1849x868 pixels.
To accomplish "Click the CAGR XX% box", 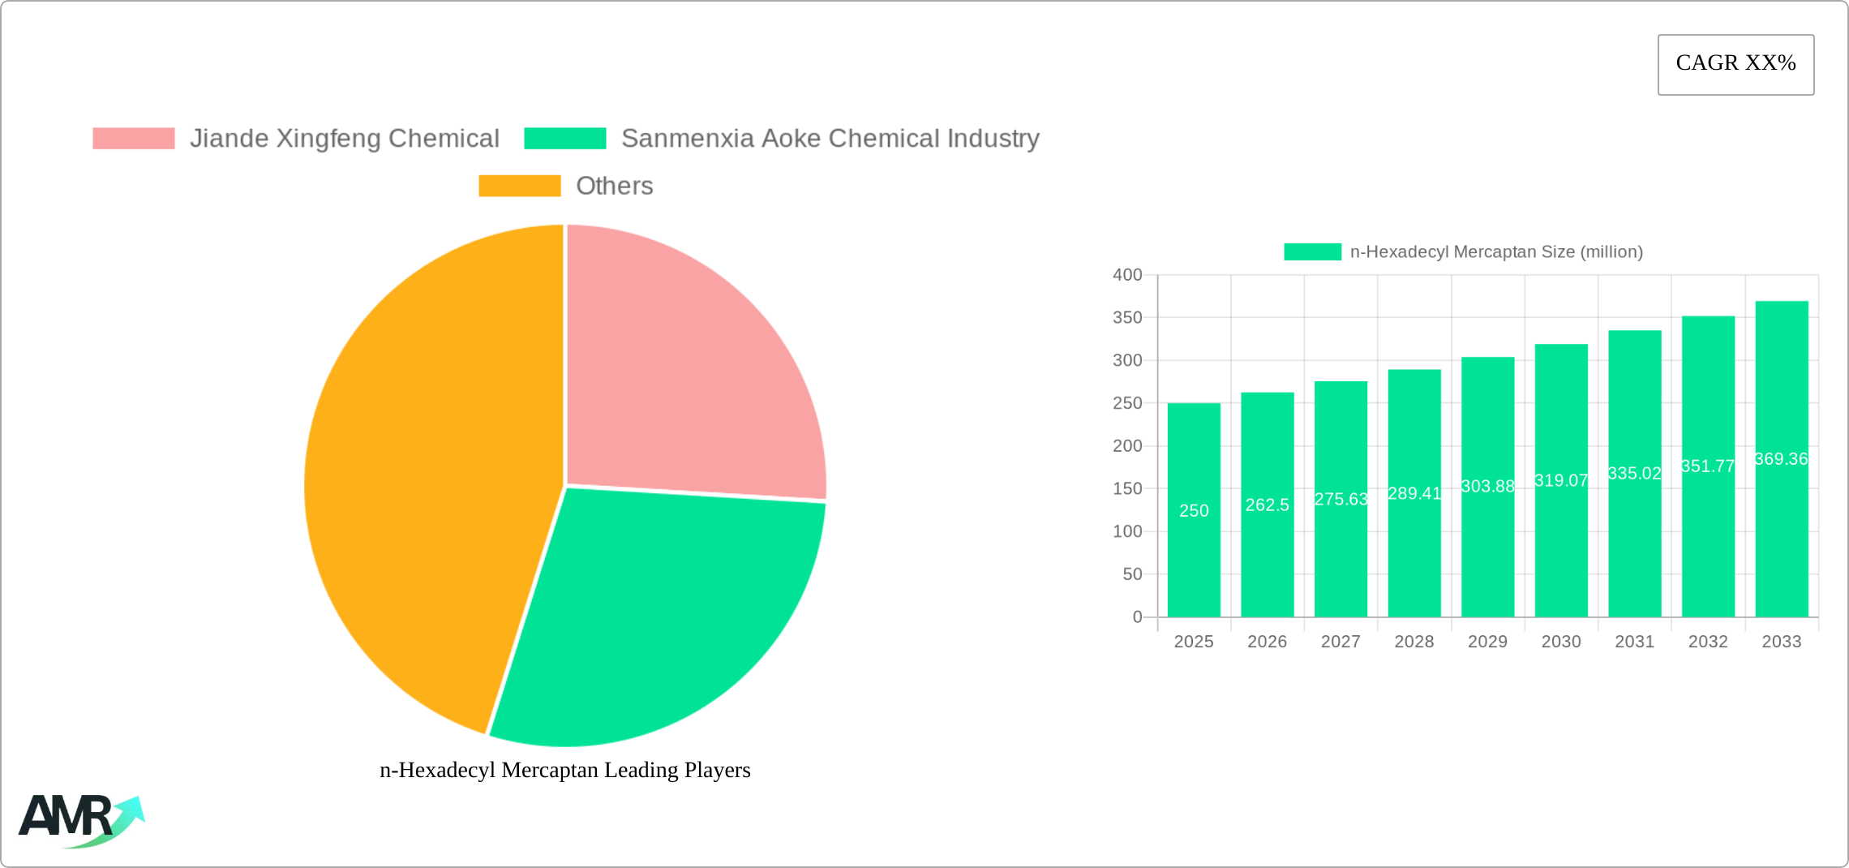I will click(x=1735, y=64).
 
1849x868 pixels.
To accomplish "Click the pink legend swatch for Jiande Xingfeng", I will click(x=134, y=139).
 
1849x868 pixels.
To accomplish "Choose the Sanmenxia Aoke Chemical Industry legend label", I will click(x=830, y=139).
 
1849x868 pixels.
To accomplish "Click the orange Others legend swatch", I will click(x=519, y=186).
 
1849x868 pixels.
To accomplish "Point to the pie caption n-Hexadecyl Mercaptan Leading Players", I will click(x=565, y=770).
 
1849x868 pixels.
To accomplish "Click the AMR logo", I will click(x=81, y=820).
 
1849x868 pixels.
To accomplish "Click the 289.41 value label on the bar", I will click(x=1414, y=493).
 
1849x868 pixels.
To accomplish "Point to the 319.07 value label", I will click(x=1561, y=480).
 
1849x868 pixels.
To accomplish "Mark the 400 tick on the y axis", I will click(x=1127, y=275).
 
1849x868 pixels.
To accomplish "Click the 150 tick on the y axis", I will click(x=1127, y=488).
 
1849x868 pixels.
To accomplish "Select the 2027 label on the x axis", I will click(x=1341, y=642).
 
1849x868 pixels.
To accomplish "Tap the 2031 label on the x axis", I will click(x=1634, y=642).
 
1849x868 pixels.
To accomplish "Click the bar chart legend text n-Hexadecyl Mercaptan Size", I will click(x=1496, y=252).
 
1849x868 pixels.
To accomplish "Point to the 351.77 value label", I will click(x=1708, y=466).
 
